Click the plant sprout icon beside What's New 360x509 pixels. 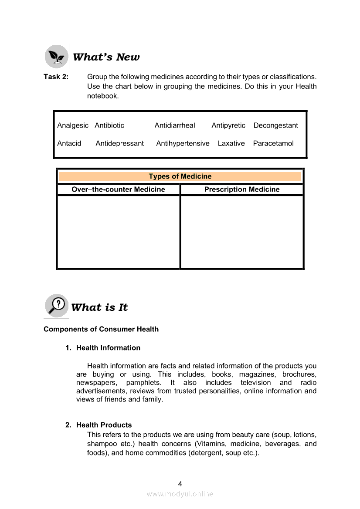pos(57,57)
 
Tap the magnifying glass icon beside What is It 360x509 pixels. pos(57,305)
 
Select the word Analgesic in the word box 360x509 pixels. pos(73,125)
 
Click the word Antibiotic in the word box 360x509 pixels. pos(109,125)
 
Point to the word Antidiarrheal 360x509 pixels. pos(175,125)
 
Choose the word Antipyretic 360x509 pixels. pos(228,125)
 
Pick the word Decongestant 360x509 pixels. pos(275,125)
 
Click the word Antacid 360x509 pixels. pos(69,143)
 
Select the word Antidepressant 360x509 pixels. pos(119,143)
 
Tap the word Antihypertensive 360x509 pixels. pos(183,143)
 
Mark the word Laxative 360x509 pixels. pos(231,143)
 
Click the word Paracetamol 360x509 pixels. pos(273,143)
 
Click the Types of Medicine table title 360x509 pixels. pos(180,176)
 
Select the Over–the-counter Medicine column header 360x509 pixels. pos(118,189)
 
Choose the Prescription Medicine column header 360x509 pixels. pos(242,189)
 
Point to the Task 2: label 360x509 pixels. pos(56,77)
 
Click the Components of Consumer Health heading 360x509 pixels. pos(101,329)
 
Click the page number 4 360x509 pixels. pos(180,483)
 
